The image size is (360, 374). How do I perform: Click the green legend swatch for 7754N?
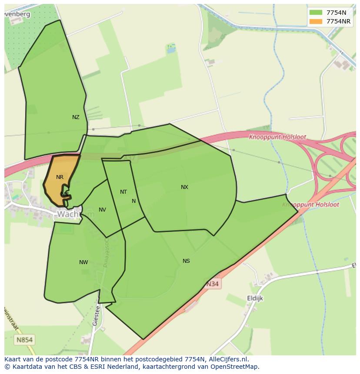click(x=316, y=13)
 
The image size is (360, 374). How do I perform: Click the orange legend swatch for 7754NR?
click(x=316, y=21)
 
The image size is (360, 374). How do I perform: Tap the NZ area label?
click(x=76, y=117)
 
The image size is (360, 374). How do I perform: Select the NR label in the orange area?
click(x=60, y=177)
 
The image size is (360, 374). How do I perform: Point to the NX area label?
click(x=184, y=187)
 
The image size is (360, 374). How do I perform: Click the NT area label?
click(x=123, y=192)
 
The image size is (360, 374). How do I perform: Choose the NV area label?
click(x=102, y=210)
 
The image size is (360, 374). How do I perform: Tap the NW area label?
click(x=83, y=262)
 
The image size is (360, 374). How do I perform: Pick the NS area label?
click(x=186, y=261)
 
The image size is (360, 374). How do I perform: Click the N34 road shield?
click(x=212, y=284)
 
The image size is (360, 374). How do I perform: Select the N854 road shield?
click(x=25, y=340)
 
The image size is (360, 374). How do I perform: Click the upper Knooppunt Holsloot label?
click(x=277, y=137)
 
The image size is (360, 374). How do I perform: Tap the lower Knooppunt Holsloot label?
click(x=310, y=204)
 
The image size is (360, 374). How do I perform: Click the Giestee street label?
click(x=97, y=315)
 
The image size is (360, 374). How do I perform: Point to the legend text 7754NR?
click(x=339, y=21)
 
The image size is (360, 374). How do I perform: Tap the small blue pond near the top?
click(x=171, y=50)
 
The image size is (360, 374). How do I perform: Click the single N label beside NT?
click(x=133, y=201)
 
